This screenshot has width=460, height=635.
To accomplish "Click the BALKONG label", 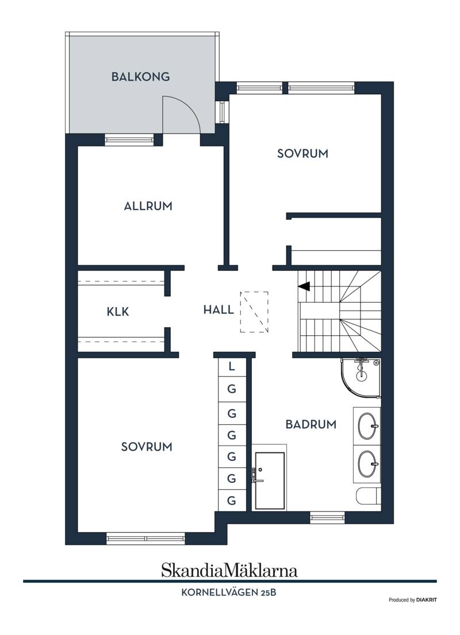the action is pyautogui.click(x=140, y=76).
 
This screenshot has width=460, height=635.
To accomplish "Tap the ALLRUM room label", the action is pyautogui.click(x=148, y=206).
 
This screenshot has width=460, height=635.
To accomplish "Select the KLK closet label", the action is pyautogui.click(x=118, y=312).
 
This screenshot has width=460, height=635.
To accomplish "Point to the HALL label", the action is pyautogui.click(x=218, y=310).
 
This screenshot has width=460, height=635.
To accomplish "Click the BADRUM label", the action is pyautogui.click(x=311, y=424).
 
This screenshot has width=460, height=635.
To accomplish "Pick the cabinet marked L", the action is pyautogui.click(x=232, y=367).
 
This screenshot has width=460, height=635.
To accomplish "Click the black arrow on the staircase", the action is pyautogui.click(x=304, y=286).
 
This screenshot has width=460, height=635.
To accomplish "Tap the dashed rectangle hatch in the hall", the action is pyautogui.click(x=254, y=312).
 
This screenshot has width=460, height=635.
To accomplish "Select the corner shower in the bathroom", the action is pyautogui.click(x=361, y=377).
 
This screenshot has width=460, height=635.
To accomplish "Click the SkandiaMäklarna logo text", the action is pyautogui.click(x=229, y=570).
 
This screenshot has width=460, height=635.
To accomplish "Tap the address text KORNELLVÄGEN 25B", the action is pyautogui.click(x=229, y=593).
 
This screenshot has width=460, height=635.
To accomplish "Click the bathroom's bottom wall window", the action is pyautogui.click(x=327, y=517).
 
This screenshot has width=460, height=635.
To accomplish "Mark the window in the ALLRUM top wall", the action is pyautogui.click(x=129, y=140).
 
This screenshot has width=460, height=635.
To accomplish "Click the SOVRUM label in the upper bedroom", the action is pyautogui.click(x=302, y=154).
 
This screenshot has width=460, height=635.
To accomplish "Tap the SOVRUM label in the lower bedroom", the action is pyautogui.click(x=147, y=447).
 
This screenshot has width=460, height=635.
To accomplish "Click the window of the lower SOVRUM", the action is pyautogui.click(x=145, y=539).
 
